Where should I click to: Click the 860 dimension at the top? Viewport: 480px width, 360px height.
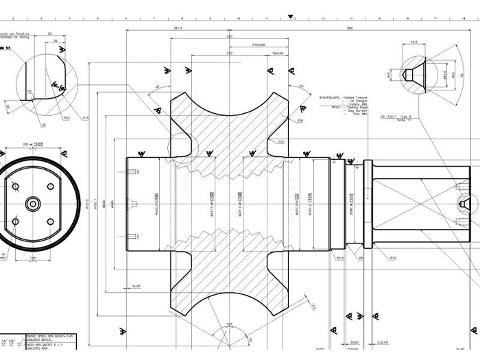350,28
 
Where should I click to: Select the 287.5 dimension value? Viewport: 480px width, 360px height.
178,28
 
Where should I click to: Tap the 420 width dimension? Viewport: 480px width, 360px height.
229,36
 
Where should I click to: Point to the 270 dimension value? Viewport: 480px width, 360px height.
229,53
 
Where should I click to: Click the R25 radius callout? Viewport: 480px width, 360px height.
300,120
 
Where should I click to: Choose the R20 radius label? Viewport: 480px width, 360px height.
281,141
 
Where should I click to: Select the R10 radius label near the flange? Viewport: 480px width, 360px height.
393,259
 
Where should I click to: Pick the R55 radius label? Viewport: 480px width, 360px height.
67,118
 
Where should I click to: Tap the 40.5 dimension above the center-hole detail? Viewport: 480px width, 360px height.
413,42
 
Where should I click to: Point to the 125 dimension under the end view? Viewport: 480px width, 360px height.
32,259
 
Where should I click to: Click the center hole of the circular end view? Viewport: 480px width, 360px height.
32,204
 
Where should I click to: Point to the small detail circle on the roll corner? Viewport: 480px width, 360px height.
183,145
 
